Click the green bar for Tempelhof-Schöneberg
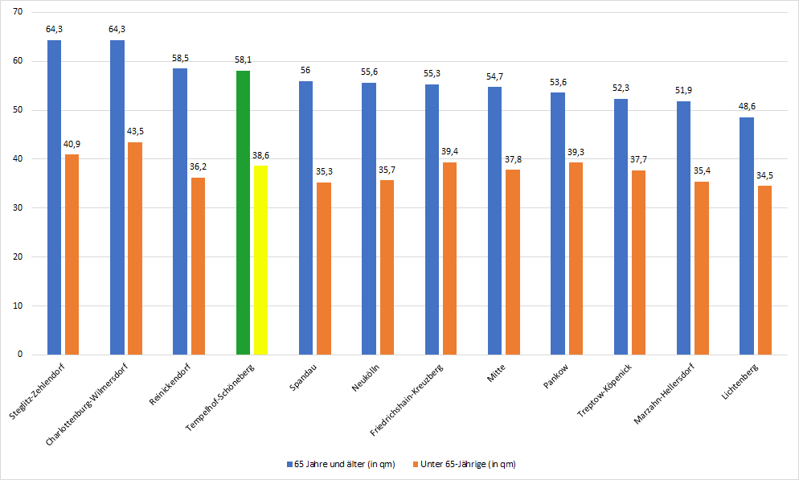point(243,212)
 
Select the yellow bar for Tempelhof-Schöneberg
point(261,260)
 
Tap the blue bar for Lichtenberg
point(747,236)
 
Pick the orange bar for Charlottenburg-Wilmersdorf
point(135,248)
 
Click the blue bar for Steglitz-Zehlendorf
point(54,197)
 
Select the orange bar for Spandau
point(324,269)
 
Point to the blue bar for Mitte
point(495,220)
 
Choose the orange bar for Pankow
point(576,258)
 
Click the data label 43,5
point(135,132)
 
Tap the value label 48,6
point(747,106)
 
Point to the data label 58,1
point(243,60)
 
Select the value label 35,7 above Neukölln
point(387,170)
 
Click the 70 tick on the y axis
point(18,12)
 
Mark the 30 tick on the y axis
point(18,207)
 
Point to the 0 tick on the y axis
point(20,354)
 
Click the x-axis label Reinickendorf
point(170,384)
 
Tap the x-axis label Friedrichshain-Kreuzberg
point(406,400)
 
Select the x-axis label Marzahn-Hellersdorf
point(664,394)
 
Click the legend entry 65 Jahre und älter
point(341,464)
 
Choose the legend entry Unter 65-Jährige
point(465,464)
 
